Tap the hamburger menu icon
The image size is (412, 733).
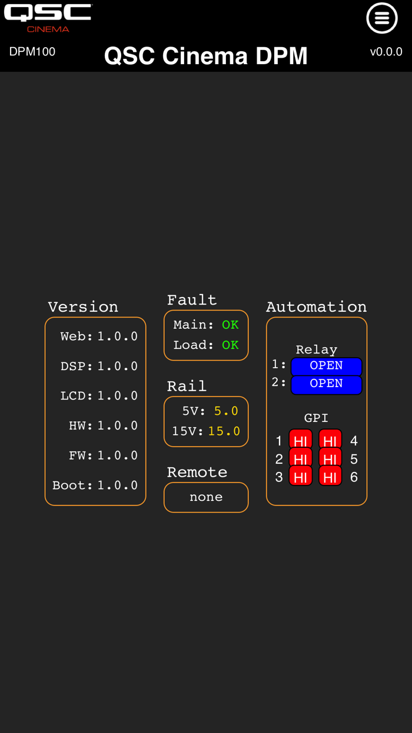tap(382, 18)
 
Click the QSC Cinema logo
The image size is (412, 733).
tap(48, 18)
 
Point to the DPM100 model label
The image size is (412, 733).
tap(32, 52)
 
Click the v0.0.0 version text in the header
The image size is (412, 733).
tap(386, 52)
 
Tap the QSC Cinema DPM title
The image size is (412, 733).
tap(206, 56)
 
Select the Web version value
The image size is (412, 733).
tap(118, 336)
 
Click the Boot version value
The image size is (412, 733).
tap(118, 486)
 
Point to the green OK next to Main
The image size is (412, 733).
tap(230, 325)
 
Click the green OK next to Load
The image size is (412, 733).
tap(230, 345)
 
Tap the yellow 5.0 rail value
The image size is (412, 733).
tap(226, 411)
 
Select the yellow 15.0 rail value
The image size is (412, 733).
tap(224, 431)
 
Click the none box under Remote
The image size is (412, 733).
tap(206, 497)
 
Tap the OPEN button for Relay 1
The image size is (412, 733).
tap(326, 366)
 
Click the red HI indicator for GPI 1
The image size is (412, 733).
tap(301, 441)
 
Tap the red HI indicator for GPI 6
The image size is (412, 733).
tap(330, 477)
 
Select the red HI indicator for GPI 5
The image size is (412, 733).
tap(330, 458)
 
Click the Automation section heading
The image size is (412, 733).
tap(316, 307)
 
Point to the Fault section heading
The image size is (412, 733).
tap(192, 300)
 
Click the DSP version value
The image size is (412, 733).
tap(118, 367)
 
